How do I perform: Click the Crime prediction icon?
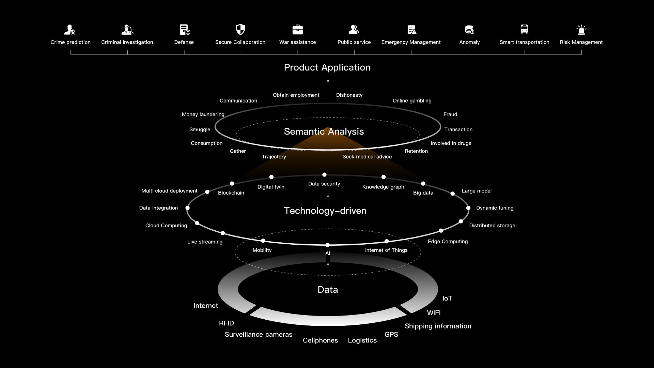(x=70, y=30)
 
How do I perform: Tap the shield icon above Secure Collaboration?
(x=240, y=30)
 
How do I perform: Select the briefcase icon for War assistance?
(x=298, y=30)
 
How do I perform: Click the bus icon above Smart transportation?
(x=524, y=29)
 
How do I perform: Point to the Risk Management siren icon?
(x=581, y=30)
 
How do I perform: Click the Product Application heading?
(x=327, y=67)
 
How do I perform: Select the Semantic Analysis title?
(x=324, y=132)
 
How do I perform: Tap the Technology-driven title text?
(x=325, y=211)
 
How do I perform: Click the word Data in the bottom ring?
(x=328, y=290)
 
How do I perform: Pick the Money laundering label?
(x=203, y=114)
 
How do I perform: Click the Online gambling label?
(x=412, y=101)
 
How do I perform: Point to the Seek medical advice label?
(x=367, y=157)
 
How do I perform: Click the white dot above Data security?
(x=324, y=175)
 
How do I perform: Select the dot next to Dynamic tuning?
(x=468, y=208)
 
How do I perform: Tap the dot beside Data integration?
(x=187, y=208)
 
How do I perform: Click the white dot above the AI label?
(x=327, y=245)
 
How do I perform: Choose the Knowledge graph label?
(x=383, y=187)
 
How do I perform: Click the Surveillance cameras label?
(x=258, y=335)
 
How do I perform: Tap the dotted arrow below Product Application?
(x=328, y=84)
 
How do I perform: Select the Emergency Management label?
(x=411, y=42)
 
